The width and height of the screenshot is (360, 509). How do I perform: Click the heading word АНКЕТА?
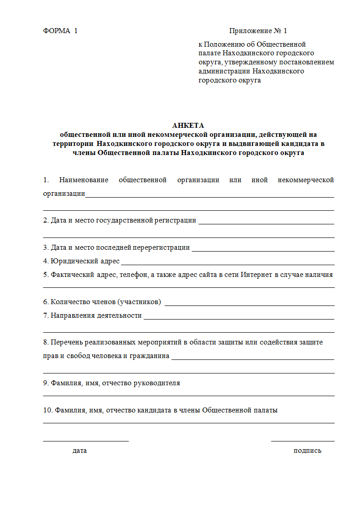188,126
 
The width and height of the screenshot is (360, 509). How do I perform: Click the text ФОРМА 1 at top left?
60,31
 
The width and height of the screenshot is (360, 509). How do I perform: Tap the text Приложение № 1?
258,31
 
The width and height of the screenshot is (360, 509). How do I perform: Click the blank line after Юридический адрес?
228,264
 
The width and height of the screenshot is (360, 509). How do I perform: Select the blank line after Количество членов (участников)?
249,305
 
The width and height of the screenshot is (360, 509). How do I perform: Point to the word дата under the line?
79,451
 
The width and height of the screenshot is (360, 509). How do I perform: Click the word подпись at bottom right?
307,451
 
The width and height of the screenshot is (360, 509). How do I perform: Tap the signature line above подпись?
302,441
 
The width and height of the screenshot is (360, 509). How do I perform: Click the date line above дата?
86,440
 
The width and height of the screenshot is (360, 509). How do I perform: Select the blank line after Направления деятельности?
238,319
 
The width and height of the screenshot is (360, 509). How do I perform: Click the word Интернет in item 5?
257,274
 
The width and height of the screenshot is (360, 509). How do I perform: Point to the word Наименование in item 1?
84,180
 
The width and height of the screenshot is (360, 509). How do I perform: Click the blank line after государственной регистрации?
266,223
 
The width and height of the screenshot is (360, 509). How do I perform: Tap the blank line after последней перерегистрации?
263,251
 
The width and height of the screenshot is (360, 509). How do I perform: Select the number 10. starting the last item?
48,410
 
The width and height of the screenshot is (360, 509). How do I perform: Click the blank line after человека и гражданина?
253,359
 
